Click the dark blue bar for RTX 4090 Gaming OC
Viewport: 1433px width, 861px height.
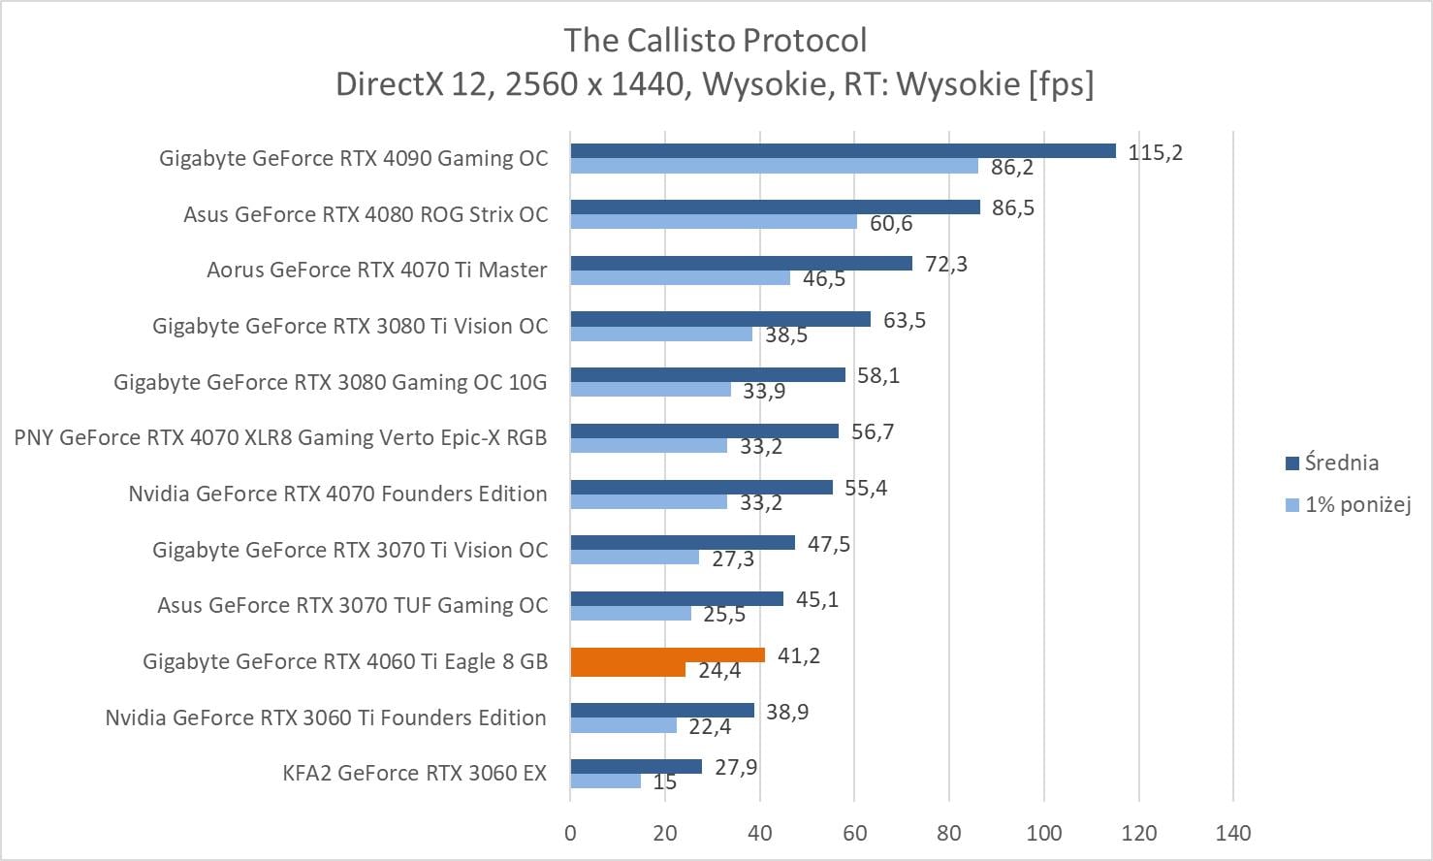click(x=843, y=150)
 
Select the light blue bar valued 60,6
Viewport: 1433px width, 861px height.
click(x=714, y=222)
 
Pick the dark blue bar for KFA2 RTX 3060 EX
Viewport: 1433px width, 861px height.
click(x=636, y=767)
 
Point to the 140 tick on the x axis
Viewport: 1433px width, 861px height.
click(x=1233, y=833)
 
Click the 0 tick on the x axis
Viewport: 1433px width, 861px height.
click(x=570, y=833)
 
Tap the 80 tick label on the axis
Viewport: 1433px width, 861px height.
click(x=949, y=833)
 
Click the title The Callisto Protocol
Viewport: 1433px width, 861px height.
click(x=716, y=41)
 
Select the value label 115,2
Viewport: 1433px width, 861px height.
click(x=1155, y=152)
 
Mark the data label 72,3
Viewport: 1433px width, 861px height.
click(x=945, y=264)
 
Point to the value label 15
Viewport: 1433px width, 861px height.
click(x=664, y=781)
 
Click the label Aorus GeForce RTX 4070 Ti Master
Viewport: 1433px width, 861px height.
click(x=377, y=270)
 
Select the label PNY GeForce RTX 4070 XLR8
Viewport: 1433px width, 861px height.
click(x=280, y=437)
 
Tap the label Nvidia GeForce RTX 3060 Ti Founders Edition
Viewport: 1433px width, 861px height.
click(x=326, y=717)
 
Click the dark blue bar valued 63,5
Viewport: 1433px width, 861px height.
click(x=720, y=319)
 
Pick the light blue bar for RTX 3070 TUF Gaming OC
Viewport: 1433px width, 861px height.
click(x=630, y=614)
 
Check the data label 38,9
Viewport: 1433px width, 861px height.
click(x=787, y=712)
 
